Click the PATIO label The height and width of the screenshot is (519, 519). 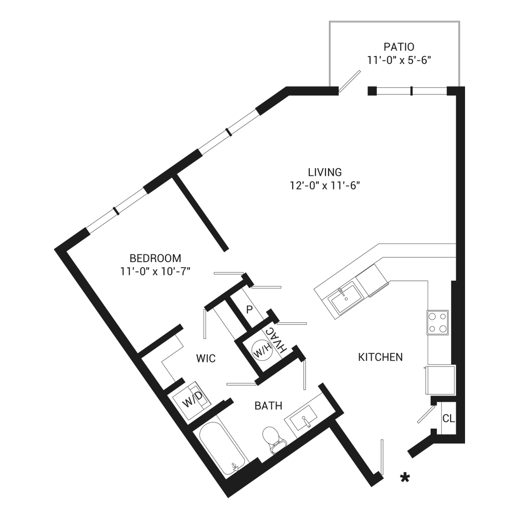tap(399, 47)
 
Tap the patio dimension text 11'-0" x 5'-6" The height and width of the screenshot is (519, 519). tap(399, 61)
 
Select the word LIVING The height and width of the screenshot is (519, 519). tap(325, 172)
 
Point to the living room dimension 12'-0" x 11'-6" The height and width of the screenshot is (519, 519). tap(325, 186)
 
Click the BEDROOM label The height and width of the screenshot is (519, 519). tap(155, 258)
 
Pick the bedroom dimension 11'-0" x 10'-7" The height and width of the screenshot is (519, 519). tap(155, 271)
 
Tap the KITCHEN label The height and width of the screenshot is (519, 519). tap(380, 357)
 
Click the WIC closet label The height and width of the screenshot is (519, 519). tap(206, 358)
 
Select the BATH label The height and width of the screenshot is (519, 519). tap(268, 405)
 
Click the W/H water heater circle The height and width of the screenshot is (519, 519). tap(262, 350)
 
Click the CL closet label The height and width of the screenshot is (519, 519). tap(448, 418)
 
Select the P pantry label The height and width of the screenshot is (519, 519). tap(250, 309)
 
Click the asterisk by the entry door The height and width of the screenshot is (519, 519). tap(405, 477)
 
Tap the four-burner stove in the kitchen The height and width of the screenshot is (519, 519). tap(438, 323)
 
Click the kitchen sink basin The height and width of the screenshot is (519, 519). tap(346, 298)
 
